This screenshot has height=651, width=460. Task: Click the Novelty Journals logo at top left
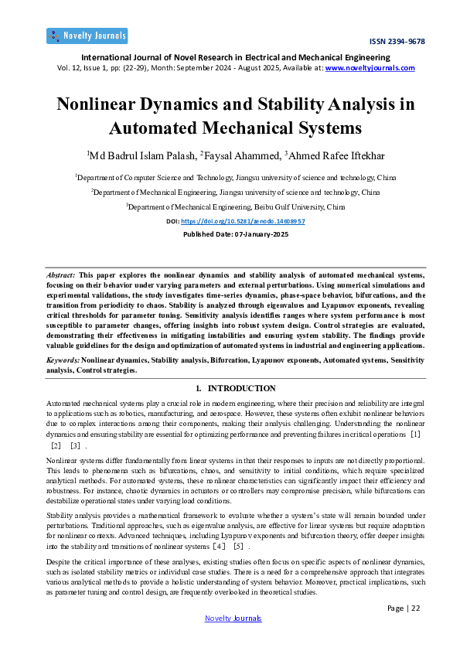click(x=87, y=36)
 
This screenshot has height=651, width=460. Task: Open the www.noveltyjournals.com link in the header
click(x=370, y=67)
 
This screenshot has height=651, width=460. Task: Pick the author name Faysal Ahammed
click(x=240, y=155)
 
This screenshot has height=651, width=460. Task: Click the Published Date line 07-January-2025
click(x=230, y=233)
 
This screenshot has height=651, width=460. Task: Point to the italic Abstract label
click(x=61, y=274)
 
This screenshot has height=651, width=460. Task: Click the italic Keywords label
click(x=63, y=361)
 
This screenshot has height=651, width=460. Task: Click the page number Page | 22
click(x=403, y=608)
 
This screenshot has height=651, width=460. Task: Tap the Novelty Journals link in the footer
click(x=233, y=618)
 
